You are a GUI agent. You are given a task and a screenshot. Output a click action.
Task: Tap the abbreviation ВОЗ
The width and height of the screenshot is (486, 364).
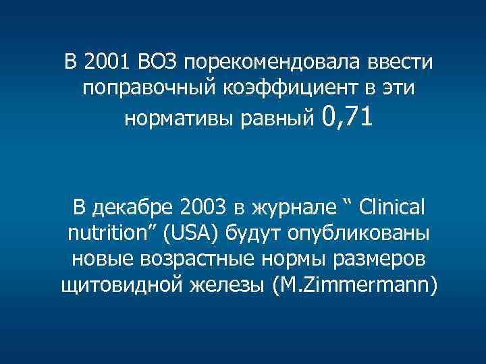(156, 63)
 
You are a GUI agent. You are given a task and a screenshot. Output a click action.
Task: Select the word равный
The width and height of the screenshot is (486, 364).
(283, 119)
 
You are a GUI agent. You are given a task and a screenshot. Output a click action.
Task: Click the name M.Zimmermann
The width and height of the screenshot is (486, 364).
(354, 286)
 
